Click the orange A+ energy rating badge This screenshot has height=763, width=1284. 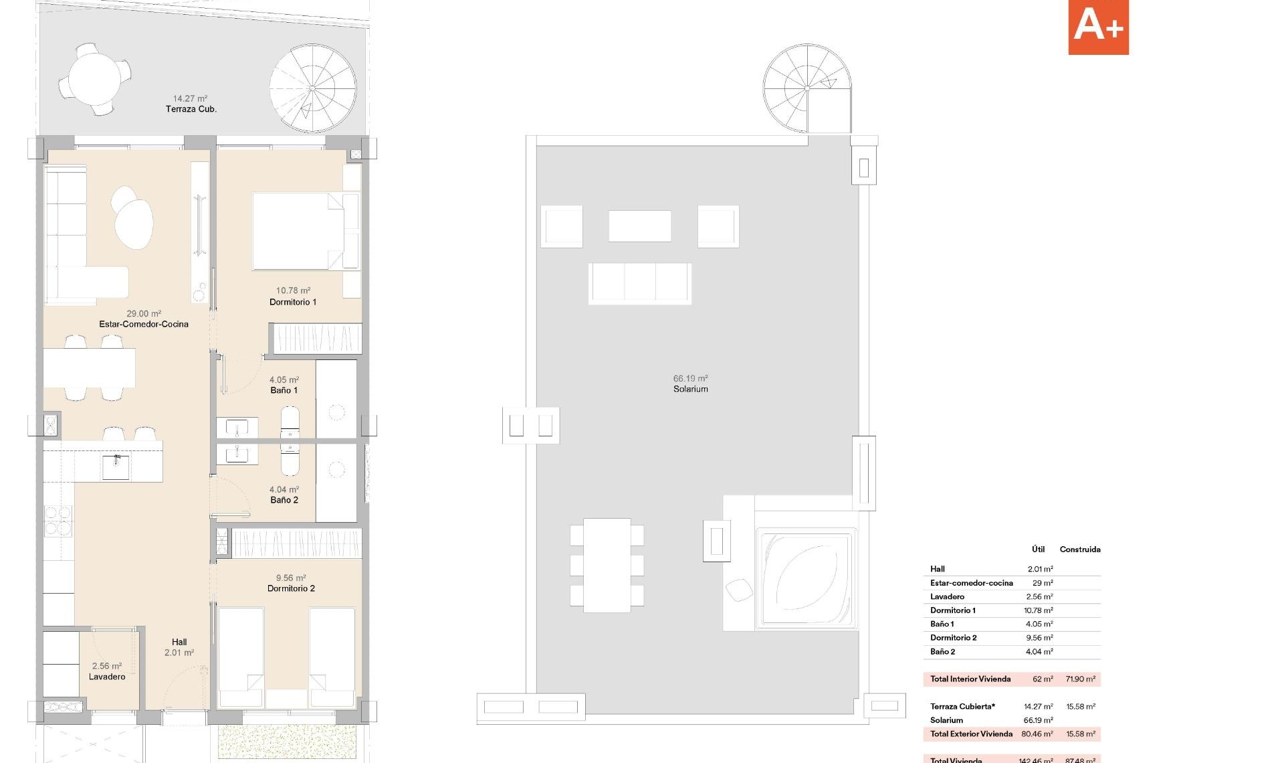tap(1098, 27)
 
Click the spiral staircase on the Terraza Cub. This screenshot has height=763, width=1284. tap(313, 88)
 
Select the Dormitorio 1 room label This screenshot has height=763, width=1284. tap(293, 302)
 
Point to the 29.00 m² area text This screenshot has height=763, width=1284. tap(144, 313)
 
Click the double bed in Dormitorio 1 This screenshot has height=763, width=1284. tap(298, 232)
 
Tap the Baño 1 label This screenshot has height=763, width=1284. tap(284, 390)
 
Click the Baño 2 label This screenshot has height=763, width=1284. tap(284, 500)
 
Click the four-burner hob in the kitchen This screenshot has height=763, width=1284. tap(58, 521)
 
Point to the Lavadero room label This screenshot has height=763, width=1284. tap(107, 677)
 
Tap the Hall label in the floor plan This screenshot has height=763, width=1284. tap(179, 642)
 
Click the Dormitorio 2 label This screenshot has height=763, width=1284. tap(291, 588)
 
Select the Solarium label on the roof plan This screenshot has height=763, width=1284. tap(691, 389)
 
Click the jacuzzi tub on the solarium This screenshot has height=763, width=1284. tap(805, 578)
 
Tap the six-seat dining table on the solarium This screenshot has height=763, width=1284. tap(607, 565)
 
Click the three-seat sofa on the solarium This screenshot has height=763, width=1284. tap(640, 283)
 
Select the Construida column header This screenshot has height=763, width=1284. tap(1079, 549)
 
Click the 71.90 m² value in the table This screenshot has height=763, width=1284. tap(1080, 679)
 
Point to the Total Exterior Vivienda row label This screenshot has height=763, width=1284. tap(971, 734)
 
